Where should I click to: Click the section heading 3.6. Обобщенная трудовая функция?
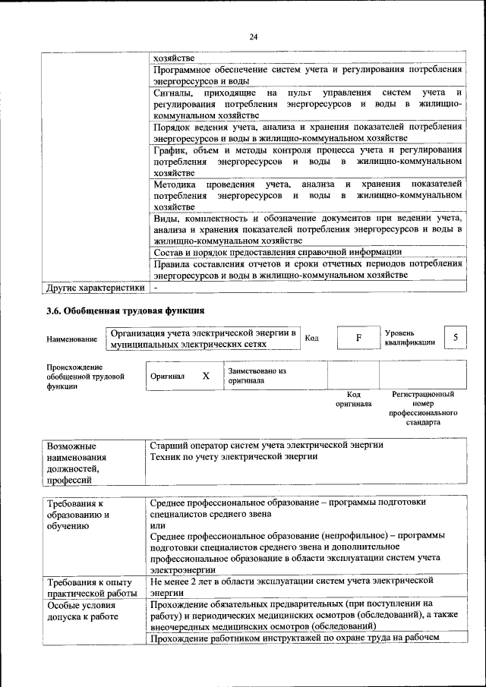tap(125, 310)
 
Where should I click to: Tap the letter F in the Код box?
tap(357, 338)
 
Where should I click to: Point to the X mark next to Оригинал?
tap(205, 376)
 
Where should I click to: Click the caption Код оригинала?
tap(353, 399)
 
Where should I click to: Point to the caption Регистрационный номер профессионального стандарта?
tap(423, 408)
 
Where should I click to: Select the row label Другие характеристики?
tap(95, 288)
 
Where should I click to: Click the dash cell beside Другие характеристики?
tap(155, 288)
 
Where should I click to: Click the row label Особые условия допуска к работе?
tap(82, 612)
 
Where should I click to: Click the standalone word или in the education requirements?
tap(158, 526)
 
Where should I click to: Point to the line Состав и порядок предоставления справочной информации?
tap(276, 252)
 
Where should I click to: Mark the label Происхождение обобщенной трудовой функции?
tap(84, 377)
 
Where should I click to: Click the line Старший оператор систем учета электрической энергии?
tap(267, 445)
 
